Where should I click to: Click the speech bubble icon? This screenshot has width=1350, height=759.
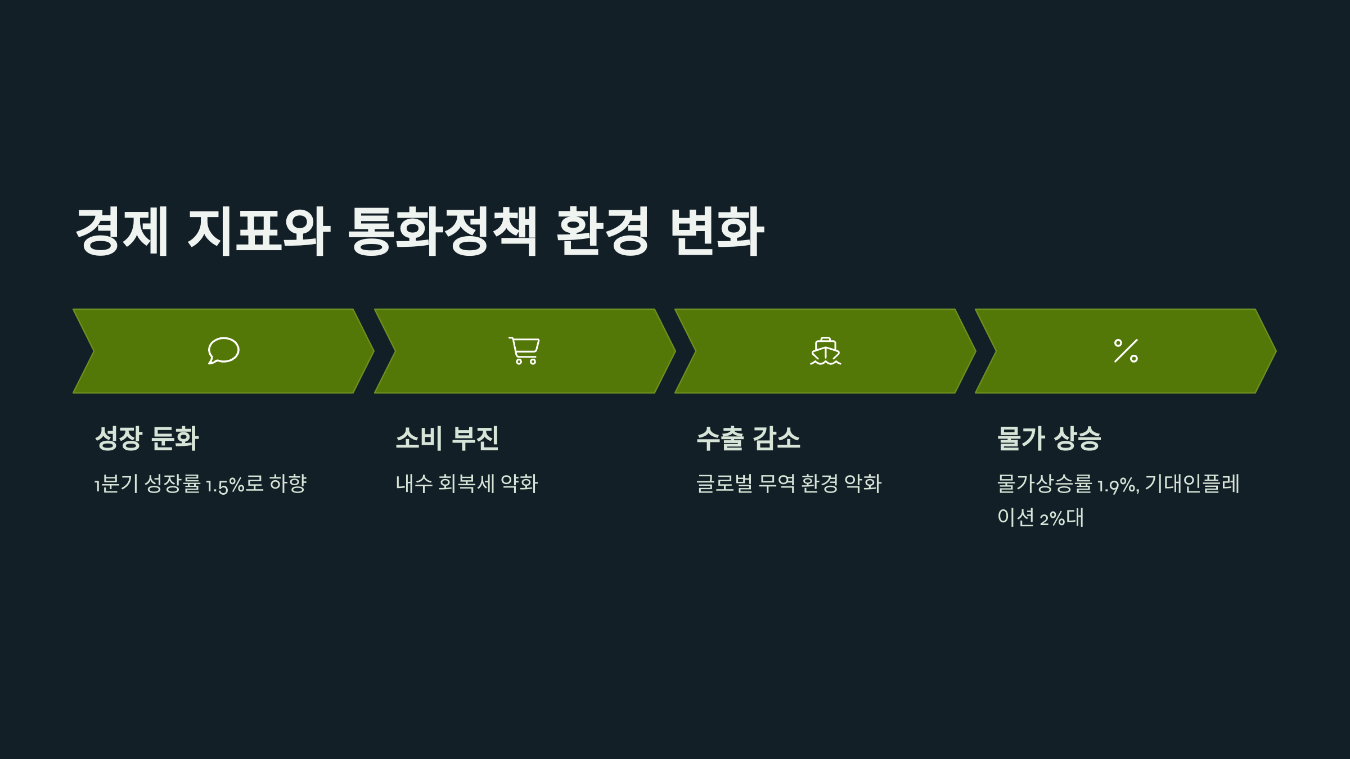pos(223,351)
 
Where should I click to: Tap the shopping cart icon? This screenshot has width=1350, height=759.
pos(524,351)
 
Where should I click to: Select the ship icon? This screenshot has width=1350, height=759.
pos(825,351)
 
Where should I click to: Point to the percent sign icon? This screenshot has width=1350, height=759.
pos(1126,351)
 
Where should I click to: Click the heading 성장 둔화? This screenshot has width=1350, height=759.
pos(147,439)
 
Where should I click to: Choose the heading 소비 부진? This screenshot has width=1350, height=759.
pos(447,439)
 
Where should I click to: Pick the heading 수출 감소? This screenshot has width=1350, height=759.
pos(748,439)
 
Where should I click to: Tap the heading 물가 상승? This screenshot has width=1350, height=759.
pos(1048,439)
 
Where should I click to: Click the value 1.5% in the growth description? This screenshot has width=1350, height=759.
pos(225,485)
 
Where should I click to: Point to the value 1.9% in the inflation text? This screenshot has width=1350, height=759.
pos(1118,485)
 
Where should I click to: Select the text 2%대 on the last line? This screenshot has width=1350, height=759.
pos(1061,518)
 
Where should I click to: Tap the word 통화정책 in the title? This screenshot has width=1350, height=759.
pos(442,231)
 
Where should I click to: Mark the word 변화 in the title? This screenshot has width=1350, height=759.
pos(717,231)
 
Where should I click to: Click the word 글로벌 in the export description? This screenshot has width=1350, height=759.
pos(724,484)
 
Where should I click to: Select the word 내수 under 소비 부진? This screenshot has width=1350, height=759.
pos(414,484)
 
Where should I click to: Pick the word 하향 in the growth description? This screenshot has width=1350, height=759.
pos(288,484)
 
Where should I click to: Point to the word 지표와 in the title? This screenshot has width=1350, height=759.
pos(259,231)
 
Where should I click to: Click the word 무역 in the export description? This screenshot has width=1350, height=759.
pos(777,484)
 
